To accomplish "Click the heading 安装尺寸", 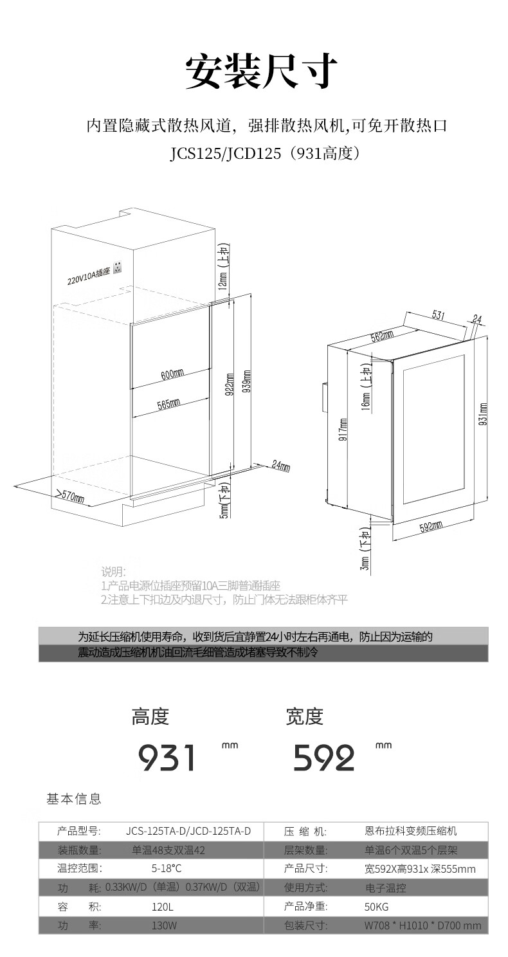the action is click(x=260, y=71).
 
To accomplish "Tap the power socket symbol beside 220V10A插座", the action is click(x=118, y=267).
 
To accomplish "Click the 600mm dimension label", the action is click(x=172, y=373).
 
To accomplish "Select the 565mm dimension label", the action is click(x=168, y=403).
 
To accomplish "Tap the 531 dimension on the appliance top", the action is click(x=437, y=315).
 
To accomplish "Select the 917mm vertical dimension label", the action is click(x=343, y=429).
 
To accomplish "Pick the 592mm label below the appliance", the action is click(x=431, y=527).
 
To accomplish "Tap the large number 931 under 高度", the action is click(x=167, y=758).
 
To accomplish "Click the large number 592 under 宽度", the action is click(x=324, y=758).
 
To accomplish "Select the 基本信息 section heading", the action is click(x=74, y=799).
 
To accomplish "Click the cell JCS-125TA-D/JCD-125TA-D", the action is click(x=188, y=832).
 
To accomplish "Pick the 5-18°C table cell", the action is click(x=166, y=869).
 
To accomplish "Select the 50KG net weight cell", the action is click(x=377, y=907).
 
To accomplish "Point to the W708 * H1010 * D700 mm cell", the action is click(x=422, y=925).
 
